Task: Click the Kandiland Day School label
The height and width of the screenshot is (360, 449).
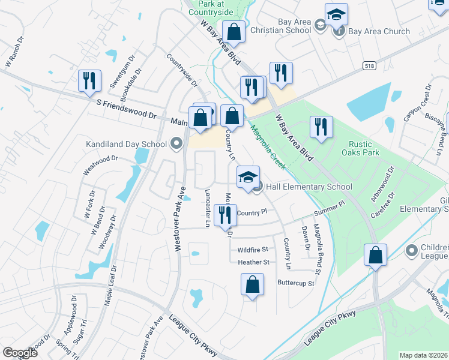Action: pos(126,144)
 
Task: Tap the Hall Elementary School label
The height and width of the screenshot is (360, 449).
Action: pos(309,187)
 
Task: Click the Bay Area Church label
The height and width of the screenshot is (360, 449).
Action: pos(379,31)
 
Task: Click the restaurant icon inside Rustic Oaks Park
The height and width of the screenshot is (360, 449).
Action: pos(321,127)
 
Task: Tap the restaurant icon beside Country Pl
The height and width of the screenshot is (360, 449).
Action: pos(225,215)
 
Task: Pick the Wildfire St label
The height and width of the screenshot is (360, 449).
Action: pos(252,249)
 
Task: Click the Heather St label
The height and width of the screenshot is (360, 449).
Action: pos(253,262)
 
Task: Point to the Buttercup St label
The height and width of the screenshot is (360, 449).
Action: pos(295,283)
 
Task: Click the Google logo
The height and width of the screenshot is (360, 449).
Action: pos(20,353)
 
